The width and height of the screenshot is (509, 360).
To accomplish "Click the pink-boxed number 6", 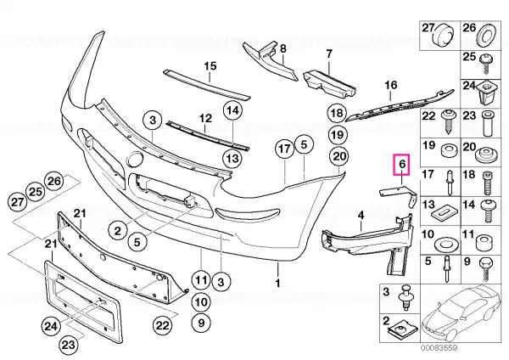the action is [402, 165].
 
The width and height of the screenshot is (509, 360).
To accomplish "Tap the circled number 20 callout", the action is [338, 156].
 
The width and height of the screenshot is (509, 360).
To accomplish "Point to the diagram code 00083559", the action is [439, 347].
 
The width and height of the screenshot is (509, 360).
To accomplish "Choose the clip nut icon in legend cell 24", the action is [486, 92].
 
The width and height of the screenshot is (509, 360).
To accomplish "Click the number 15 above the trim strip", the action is [210, 66].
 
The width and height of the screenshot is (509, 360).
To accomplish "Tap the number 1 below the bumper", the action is [277, 283].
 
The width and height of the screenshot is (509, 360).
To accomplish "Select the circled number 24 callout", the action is [51, 325].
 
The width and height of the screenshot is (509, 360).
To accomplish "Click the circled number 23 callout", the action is [69, 345].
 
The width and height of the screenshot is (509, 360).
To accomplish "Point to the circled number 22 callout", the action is [163, 324].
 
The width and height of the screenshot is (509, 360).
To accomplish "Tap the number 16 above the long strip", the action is [391, 85].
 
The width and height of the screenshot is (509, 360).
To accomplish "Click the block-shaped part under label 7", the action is [328, 83].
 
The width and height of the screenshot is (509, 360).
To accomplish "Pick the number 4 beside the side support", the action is [361, 215].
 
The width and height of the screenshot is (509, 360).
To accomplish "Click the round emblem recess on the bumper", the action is [134, 160].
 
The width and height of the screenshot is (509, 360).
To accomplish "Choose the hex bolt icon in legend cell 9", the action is [485, 269].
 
